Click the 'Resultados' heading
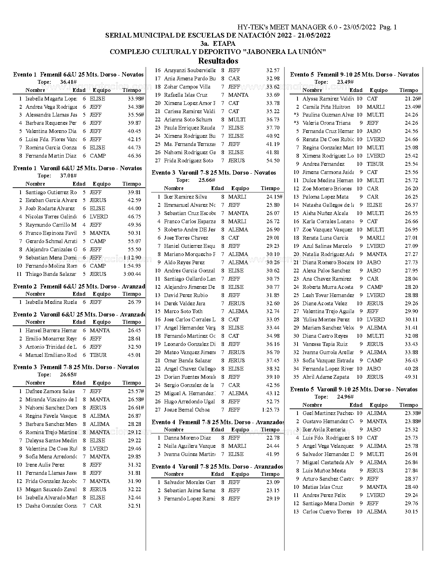218,61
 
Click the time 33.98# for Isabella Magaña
135,98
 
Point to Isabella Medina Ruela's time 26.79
134,302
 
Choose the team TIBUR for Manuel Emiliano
98,355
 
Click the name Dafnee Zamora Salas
50,391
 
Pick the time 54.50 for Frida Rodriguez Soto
273,161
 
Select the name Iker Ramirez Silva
185,197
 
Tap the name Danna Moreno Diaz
187,438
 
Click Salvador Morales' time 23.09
273,482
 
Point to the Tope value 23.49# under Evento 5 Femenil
345,82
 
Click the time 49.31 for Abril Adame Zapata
411,377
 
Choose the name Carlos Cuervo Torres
327,512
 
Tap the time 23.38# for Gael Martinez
413,413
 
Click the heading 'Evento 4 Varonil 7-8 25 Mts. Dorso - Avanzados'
217,467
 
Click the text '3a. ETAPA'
218,43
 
